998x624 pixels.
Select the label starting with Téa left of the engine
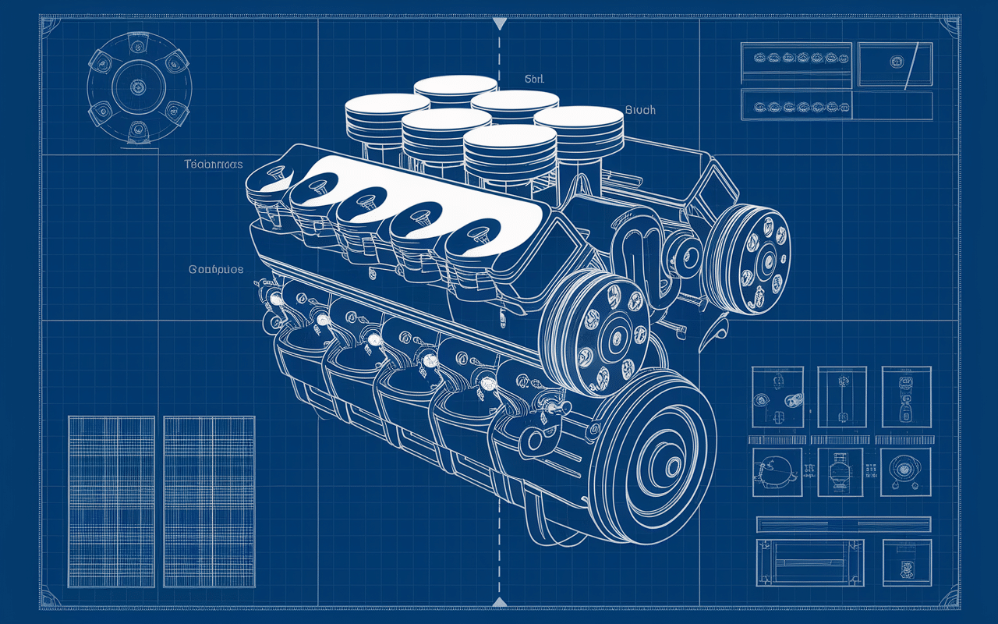click(x=214, y=165)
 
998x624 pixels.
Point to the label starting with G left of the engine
click(x=216, y=269)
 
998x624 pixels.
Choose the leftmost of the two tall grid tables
click(x=111, y=501)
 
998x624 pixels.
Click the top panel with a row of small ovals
click(x=795, y=58)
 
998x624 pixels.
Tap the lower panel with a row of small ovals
click(x=795, y=105)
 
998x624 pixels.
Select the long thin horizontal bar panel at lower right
click(x=844, y=523)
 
